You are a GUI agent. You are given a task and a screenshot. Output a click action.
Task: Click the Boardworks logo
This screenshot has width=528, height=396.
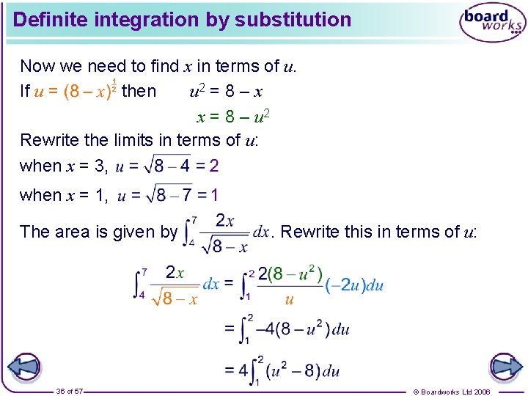[492, 23]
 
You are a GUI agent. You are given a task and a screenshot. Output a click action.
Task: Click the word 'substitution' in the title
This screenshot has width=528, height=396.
[293, 20]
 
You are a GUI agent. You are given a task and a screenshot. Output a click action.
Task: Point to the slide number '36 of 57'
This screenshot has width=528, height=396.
[70, 392]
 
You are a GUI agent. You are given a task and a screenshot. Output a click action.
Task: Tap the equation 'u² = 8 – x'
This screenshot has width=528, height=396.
[227, 92]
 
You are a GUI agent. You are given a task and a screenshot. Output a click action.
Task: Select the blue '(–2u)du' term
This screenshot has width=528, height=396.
[353, 285]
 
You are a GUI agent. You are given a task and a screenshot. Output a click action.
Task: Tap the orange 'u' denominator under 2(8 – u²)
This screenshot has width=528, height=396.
[289, 299]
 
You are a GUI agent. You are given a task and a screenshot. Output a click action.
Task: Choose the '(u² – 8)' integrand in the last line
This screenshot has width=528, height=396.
[293, 370]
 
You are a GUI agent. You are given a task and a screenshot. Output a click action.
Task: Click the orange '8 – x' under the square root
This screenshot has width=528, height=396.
[180, 298]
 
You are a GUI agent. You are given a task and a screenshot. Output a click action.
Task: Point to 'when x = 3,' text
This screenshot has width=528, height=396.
[65, 166]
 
